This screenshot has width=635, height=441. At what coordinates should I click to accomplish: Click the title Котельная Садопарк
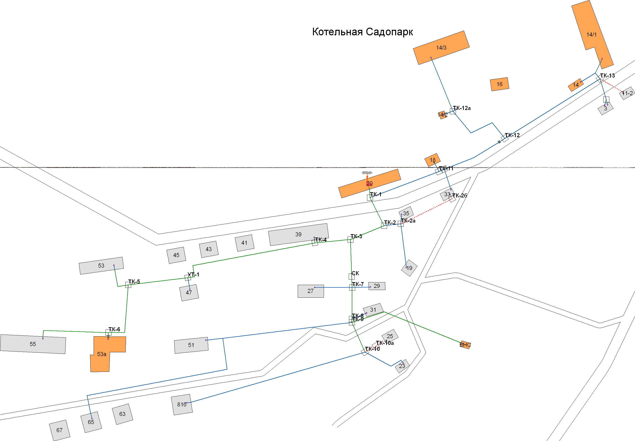(x=362, y=32)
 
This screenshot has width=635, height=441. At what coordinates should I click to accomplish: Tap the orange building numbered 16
(x=499, y=84)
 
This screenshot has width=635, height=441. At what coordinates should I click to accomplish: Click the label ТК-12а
(x=462, y=108)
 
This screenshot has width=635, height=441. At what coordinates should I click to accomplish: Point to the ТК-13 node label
(x=607, y=75)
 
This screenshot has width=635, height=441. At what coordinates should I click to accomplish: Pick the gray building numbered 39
(x=298, y=234)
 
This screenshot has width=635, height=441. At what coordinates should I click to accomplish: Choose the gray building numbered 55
(x=33, y=344)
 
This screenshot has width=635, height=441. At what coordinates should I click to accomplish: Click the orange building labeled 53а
(x=101, y=354)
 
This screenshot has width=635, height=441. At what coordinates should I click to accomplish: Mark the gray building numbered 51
(x=191, y=345)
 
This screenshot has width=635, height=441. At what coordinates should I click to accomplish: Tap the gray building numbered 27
(x=310, y=291)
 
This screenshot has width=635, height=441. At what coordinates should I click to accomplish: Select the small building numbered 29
(x=377, y=286)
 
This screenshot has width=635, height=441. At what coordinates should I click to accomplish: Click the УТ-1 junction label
(x=193, y=274)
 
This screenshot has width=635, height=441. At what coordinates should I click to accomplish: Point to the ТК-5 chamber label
(x=134, y=282)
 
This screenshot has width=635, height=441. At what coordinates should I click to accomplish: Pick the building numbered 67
(x=59, y=430)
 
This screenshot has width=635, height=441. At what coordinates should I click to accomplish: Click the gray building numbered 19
(x=409, y=268)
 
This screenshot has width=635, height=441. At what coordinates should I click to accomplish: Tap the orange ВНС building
(x=465, y=345)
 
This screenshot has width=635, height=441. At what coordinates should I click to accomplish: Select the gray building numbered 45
(x=176, y=255)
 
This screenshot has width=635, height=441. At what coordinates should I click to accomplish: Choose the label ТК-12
(x=512, y=135)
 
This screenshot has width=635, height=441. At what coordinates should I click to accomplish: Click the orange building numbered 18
(x=433, y=160)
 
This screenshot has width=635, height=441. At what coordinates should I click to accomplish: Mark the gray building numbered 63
(x=122, y=414)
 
